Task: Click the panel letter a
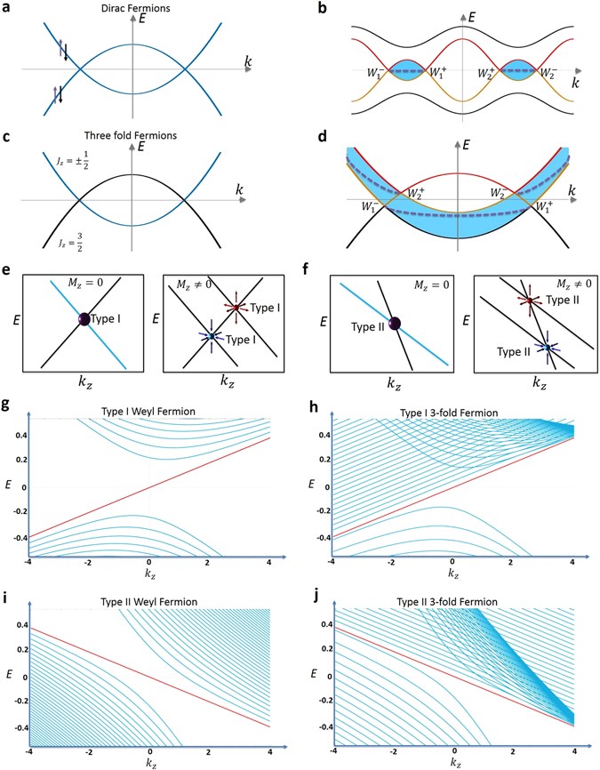coord(6,7)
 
